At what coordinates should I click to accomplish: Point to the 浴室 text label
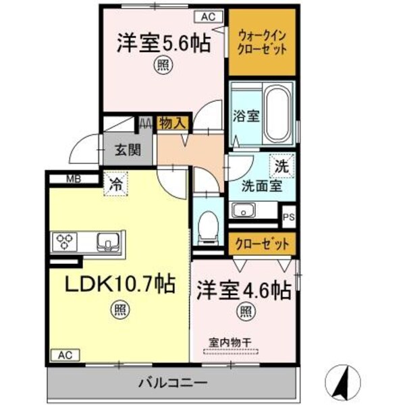(x=246, y=115)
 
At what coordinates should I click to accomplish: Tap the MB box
(x=73, y=179)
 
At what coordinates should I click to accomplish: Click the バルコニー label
(x=172, y=383)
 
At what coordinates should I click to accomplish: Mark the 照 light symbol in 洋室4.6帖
(x=245, y=312)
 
